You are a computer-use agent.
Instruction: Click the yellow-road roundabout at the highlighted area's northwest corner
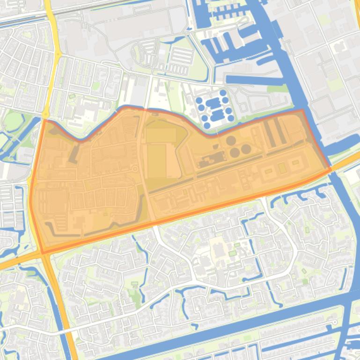(45, 114)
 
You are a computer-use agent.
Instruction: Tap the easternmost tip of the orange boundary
(331, 168)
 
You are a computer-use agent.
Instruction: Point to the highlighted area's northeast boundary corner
(303, 111)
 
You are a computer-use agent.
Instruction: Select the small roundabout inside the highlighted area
(135, 168)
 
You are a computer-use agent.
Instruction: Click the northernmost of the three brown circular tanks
(231, 140)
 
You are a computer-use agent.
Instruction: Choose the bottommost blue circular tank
(207, 125)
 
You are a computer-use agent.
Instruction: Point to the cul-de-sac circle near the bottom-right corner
(333, 323)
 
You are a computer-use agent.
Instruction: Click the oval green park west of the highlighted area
(13, 122)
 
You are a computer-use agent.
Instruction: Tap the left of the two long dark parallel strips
(268, 132)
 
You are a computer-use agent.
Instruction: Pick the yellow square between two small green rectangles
(282, 167)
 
